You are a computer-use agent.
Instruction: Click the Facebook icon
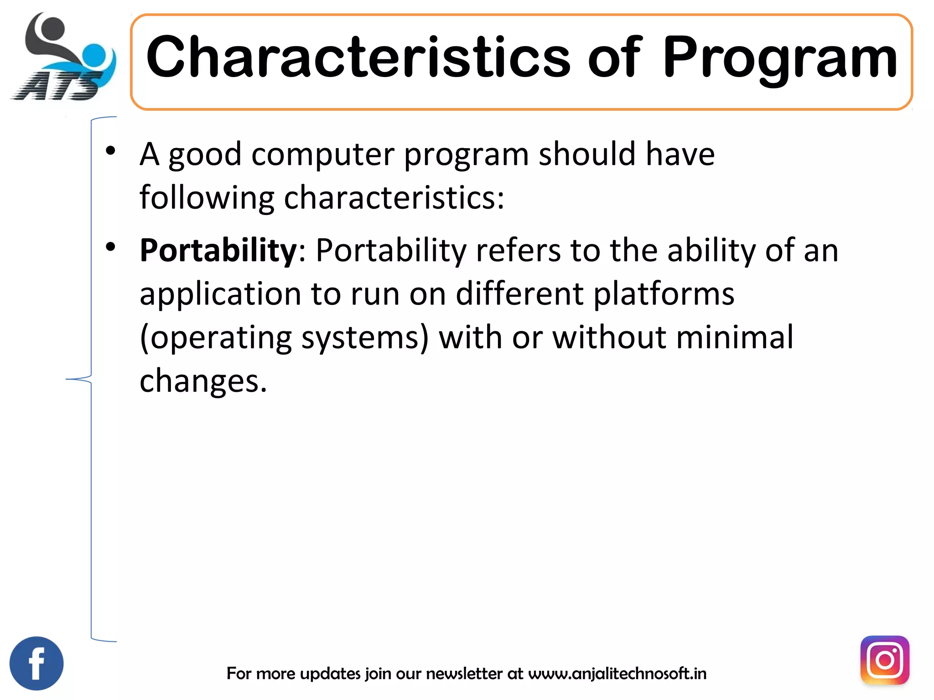(x=36, y=663)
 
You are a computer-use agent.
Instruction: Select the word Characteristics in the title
(x=358, y=58)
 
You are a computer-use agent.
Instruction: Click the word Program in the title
(x=779, y=58)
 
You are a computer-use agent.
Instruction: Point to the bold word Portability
(x=218, y=250)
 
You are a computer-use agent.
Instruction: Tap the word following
(x=207, y=198)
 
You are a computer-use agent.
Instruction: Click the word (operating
(x=216, y=338)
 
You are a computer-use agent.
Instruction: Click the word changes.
(x=202, y=381)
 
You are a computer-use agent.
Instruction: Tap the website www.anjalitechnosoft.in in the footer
(x=617, y=673)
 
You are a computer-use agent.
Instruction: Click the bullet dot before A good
(x=110, y=150)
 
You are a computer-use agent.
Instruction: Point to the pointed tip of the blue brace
(x=67, y=379)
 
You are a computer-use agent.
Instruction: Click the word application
(x=220, y=293)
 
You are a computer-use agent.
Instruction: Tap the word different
(x=519, y=293)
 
